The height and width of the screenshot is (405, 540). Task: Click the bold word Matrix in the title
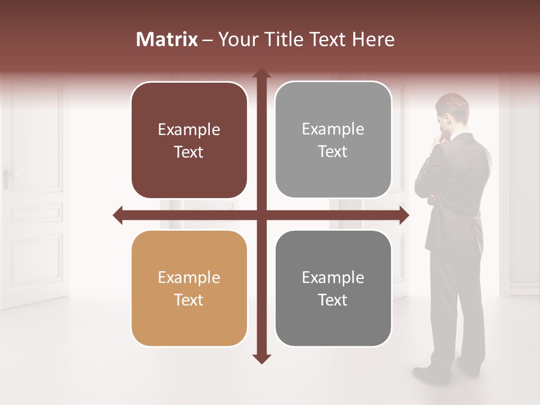coord(167,39)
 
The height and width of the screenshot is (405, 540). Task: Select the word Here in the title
coord(373,39)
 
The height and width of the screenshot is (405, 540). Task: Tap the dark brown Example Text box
coord(189,140)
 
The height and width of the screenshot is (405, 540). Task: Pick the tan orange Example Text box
coord(189,288)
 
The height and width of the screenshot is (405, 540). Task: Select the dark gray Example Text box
coord(333,288)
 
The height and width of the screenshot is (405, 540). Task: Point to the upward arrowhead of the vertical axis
coord(262,73)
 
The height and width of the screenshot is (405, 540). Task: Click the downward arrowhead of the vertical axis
coord(262,359)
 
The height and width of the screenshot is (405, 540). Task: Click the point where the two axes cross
coord(262,215)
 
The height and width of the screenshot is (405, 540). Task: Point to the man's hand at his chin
coord(442,138)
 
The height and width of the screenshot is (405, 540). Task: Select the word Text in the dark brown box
coord(189,152)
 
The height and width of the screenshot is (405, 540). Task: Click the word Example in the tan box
coord(189,277)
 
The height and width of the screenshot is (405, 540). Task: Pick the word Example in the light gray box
coord(333,129)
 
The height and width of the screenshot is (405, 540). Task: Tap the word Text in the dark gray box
coord(333,300)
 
